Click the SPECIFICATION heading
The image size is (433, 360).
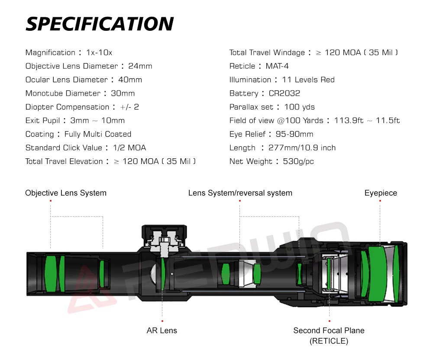coord(100,24)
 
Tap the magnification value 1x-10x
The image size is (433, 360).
coord(99,52)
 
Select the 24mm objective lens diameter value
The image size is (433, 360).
coord(140,66)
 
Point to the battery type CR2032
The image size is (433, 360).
coord(284,93)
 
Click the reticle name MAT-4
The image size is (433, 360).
coord(277,66)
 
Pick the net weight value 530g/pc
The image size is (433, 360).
coord(298,161)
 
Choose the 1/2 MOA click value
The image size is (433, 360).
coord(129,148)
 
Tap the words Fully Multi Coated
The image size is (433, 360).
coord(98,134)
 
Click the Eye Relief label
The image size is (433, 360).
coord(247,134)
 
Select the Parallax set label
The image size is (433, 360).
coord(251,107)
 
